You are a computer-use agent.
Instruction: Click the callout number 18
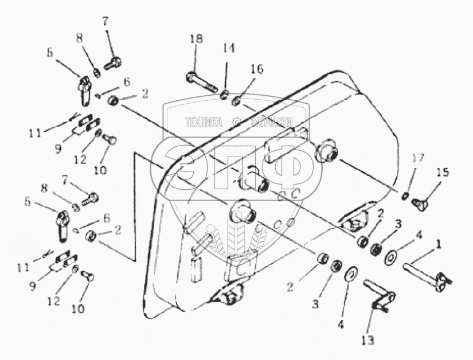[196, 40]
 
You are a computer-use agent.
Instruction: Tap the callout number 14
[229, 49]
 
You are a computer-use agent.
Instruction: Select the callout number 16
[256, 69]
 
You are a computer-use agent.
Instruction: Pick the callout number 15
[442, 171]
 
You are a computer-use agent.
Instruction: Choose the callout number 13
[368, 340]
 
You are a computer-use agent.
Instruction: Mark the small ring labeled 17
[406, 197]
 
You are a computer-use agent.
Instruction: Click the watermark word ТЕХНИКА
[203, 122]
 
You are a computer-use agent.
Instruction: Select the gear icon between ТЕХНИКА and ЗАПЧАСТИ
[236, 122]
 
